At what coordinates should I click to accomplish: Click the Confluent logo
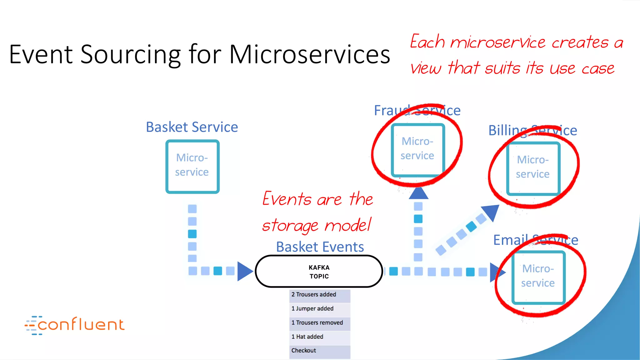75,325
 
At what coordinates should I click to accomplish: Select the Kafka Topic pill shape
319,272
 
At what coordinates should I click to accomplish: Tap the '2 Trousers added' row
319,295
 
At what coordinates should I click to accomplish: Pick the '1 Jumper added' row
319,309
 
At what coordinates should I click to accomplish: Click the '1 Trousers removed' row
319,323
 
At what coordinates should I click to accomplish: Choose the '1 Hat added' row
319,337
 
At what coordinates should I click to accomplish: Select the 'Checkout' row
319,351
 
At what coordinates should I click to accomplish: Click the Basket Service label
192,127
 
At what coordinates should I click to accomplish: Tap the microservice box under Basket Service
192,166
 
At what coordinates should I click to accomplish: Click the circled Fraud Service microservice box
418,150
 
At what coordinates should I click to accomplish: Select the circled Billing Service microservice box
533,168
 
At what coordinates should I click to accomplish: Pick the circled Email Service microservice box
538,277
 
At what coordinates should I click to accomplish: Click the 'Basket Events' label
320,247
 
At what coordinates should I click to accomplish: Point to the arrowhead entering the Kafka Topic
244,271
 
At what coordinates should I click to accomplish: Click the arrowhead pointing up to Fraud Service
418,193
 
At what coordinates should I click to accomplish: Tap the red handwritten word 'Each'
427,42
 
